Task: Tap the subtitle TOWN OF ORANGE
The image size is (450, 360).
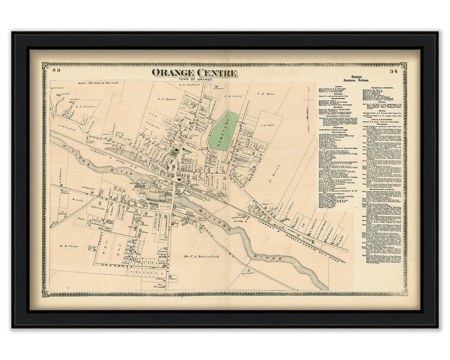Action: pos(194,79)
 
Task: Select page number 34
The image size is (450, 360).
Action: pos(393,72)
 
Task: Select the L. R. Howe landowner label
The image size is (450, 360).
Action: pos(265,94)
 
